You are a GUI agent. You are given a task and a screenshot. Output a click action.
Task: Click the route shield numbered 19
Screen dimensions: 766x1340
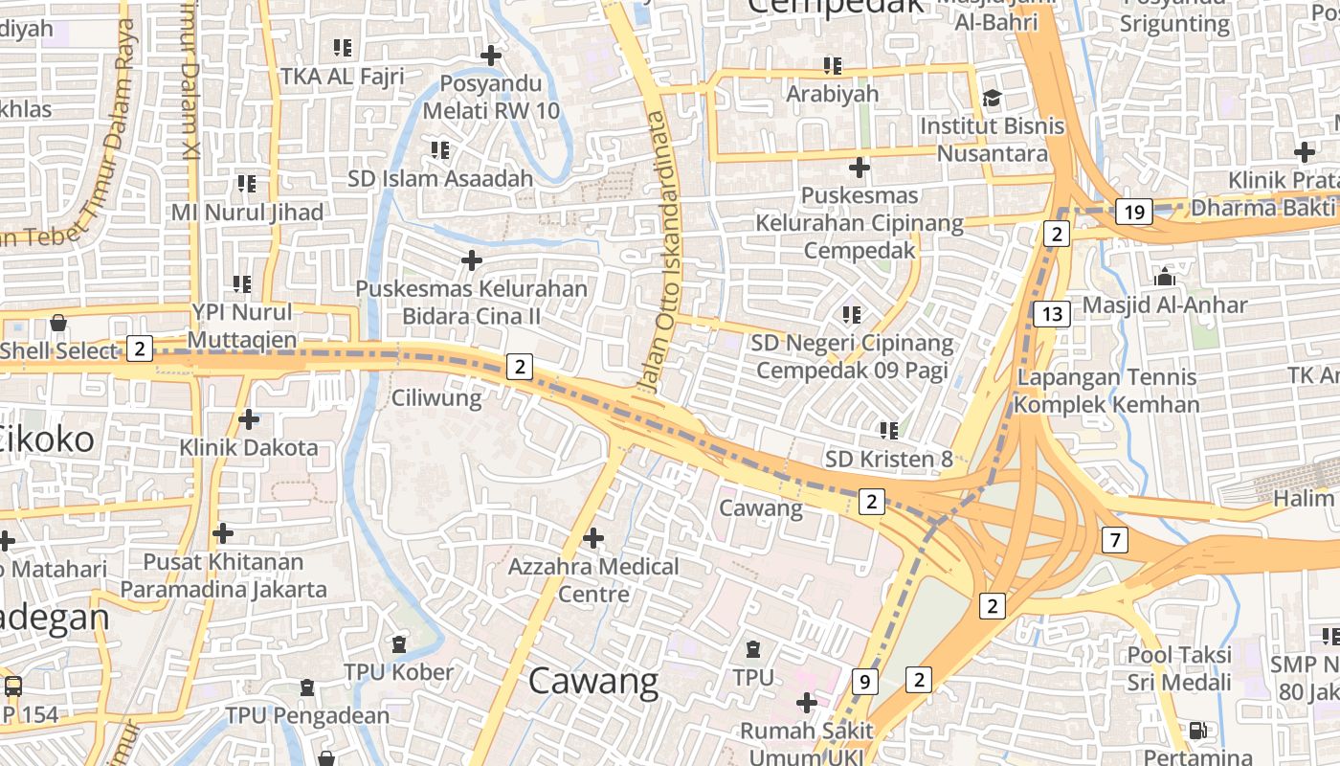[x=1134, y=213]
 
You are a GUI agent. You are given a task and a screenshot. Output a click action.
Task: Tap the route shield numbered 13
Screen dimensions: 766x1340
[x=1052, y=313]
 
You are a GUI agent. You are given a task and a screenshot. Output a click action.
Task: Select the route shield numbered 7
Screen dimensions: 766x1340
[x=1114, y=540]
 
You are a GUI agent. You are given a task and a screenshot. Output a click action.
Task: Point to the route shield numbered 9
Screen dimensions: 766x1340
[x=865, y=682]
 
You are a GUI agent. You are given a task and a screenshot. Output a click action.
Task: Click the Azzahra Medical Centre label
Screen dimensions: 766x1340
[x=593, y=580]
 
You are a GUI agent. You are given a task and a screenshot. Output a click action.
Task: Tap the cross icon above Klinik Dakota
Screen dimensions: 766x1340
[x=249, y=419]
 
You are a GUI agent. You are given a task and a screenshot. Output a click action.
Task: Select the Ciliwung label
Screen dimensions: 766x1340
[x=436, y=397]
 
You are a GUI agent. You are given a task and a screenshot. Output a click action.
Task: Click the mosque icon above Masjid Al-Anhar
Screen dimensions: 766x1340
[x=1165, y=278]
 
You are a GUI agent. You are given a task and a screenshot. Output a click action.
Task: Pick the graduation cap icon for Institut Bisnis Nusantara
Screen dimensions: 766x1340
[x=992, y=98]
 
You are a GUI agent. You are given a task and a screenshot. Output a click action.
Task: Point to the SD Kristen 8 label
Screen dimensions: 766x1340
[x=889, y=460]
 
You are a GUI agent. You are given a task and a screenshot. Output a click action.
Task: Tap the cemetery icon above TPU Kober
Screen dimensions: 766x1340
[x=399, y=644]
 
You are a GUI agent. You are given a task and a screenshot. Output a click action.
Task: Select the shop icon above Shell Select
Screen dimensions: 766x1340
[x=58, y=323]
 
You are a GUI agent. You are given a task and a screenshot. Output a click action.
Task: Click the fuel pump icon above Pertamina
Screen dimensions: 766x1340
[x=1197, y=731]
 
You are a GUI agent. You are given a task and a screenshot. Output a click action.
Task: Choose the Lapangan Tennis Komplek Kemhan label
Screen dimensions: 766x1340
[x=1106, y=391]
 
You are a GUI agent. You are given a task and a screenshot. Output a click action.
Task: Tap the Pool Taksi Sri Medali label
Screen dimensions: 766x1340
[x=1179, y=669]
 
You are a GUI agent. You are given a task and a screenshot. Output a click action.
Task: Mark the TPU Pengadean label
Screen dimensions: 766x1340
[x=307, y=715]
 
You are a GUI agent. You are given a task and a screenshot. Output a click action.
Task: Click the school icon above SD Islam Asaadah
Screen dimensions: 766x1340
[x=440, y=150]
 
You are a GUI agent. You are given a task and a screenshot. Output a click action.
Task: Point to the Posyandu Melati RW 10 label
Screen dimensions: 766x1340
[x=491, y=97]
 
